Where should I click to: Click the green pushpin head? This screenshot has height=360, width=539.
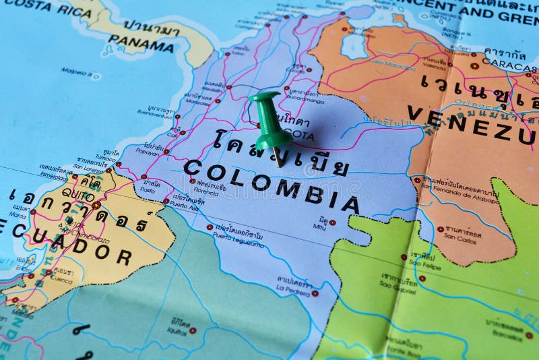(268, 118)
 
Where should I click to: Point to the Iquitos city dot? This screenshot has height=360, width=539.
(193, 330)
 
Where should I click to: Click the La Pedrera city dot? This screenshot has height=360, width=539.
(315, 293)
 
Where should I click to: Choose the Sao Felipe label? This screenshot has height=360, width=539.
(423, 266)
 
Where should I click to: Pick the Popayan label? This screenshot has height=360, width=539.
(148, 152)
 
